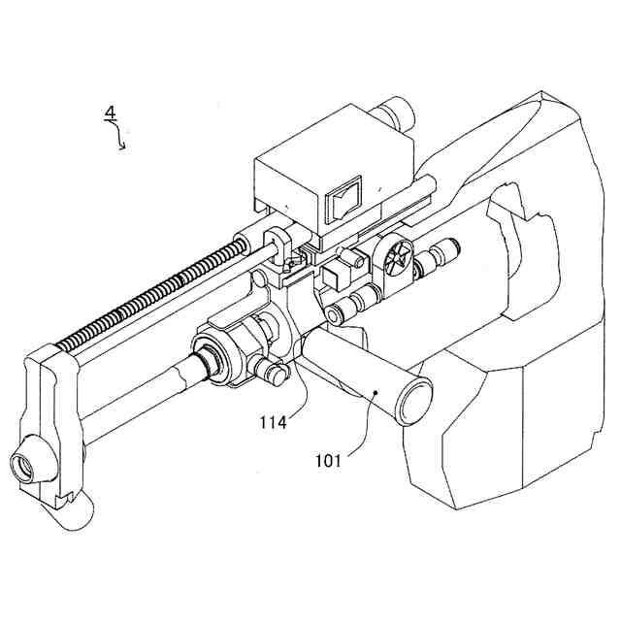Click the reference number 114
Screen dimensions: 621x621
point(275,422)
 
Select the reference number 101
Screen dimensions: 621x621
point(328,460)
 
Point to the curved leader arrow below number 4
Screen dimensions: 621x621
point(121,139)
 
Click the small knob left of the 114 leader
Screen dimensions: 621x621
point(271,372)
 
